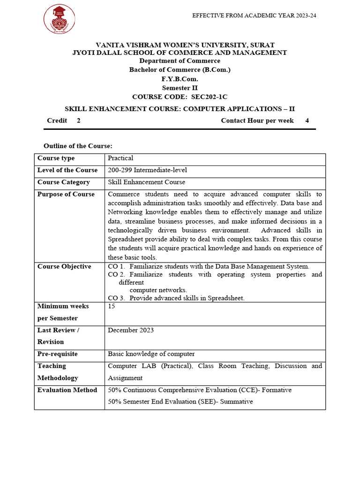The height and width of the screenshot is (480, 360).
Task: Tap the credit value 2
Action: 78,120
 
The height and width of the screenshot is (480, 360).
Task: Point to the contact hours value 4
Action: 307,120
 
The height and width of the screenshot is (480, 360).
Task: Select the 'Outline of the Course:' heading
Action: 78,146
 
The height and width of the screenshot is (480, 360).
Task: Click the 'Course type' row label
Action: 56,158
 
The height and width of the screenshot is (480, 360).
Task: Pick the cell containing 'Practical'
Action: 120,158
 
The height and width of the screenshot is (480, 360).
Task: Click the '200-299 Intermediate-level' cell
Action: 147,170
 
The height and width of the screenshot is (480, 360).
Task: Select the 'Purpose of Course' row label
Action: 66,194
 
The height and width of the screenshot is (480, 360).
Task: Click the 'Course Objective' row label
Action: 64,267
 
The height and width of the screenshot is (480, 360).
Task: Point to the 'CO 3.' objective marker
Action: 116,298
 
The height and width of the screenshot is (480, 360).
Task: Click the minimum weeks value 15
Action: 112,306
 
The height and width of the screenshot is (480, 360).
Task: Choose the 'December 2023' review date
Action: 131,330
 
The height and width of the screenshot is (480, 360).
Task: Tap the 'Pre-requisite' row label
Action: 57,354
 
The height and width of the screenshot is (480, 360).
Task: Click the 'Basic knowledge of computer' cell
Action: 151,354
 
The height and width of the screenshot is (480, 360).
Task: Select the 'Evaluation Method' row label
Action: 67,390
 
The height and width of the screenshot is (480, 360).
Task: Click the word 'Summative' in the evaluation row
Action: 236,402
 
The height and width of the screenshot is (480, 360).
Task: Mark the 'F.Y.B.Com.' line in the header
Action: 180,79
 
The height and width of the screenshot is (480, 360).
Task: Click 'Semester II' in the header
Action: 180,88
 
